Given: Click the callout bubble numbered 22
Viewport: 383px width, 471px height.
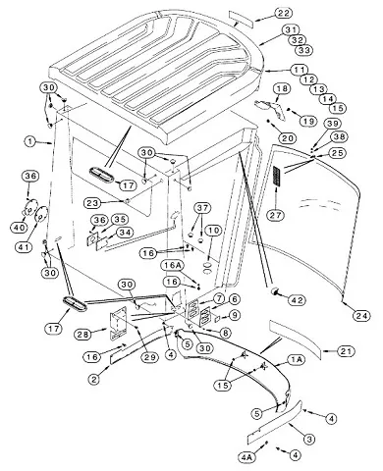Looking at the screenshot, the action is pyautogui.click(x=283, y=13).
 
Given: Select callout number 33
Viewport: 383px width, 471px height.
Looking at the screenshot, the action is pyautogui.click(x=304, y=50).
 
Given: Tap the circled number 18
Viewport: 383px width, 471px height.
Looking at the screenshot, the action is pyautogui.click(x=282, y=88).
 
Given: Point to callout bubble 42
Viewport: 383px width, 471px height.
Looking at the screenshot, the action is pyautogui.click(x=297, y=300).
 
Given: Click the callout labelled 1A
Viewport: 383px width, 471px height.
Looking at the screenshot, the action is pyautogui.click(x=297, y=360).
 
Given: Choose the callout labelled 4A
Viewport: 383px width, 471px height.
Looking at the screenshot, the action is pyautogui.click(x=246, y=457).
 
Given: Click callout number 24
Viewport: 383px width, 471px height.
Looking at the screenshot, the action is pyautogui.click(x=361, y=316).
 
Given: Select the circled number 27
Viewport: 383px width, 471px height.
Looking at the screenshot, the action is pyautogui.click(x=275, y=215).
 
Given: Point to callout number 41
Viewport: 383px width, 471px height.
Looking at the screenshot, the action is pyautogui.click(x=24, y=246).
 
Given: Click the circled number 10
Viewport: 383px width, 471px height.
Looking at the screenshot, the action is pyautogui.click(x=213, y=231).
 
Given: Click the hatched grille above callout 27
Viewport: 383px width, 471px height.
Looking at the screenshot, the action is pyautogui.click(x=277, y=177).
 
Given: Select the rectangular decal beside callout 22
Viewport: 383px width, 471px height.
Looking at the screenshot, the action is pyautogui.click(x=242, y=20).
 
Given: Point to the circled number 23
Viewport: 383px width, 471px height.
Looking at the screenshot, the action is pyautogui.click(x=92, y=203).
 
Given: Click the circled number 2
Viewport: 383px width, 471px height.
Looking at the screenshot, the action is pyautogui.click(x=94, y=380).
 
